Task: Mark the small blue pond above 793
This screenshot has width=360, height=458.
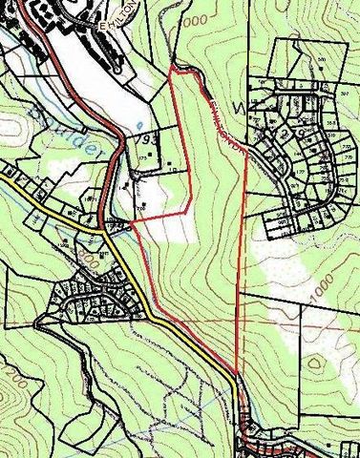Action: tap(141, 124)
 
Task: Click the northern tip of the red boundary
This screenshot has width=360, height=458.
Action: tap(171, 70)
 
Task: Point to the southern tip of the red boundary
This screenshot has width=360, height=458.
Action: tap(236, 373)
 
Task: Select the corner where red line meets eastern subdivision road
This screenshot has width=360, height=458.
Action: tap(247, 155)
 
